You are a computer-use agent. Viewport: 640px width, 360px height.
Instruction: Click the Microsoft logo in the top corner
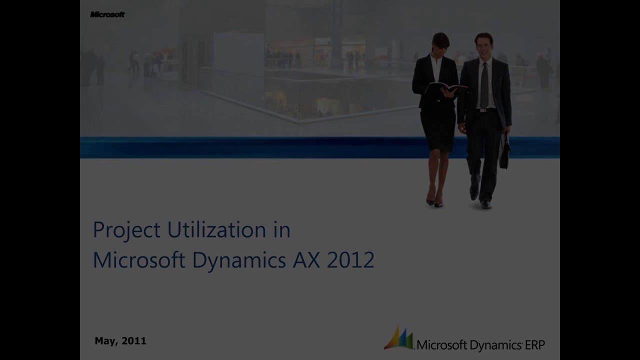pos(107,14)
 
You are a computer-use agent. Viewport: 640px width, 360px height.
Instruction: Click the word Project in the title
pos(126,230)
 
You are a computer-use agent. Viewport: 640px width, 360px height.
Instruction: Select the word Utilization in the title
pos(216,229)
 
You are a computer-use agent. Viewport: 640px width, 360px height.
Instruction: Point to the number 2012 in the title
pos(350,260)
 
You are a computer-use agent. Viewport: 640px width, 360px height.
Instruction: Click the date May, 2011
pos(120,341)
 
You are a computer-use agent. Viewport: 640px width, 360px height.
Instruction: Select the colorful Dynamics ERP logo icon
pos(399,338)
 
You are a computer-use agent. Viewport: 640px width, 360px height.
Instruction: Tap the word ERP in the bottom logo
pos(535,344)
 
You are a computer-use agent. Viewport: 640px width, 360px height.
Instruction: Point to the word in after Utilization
pos(282,229)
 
